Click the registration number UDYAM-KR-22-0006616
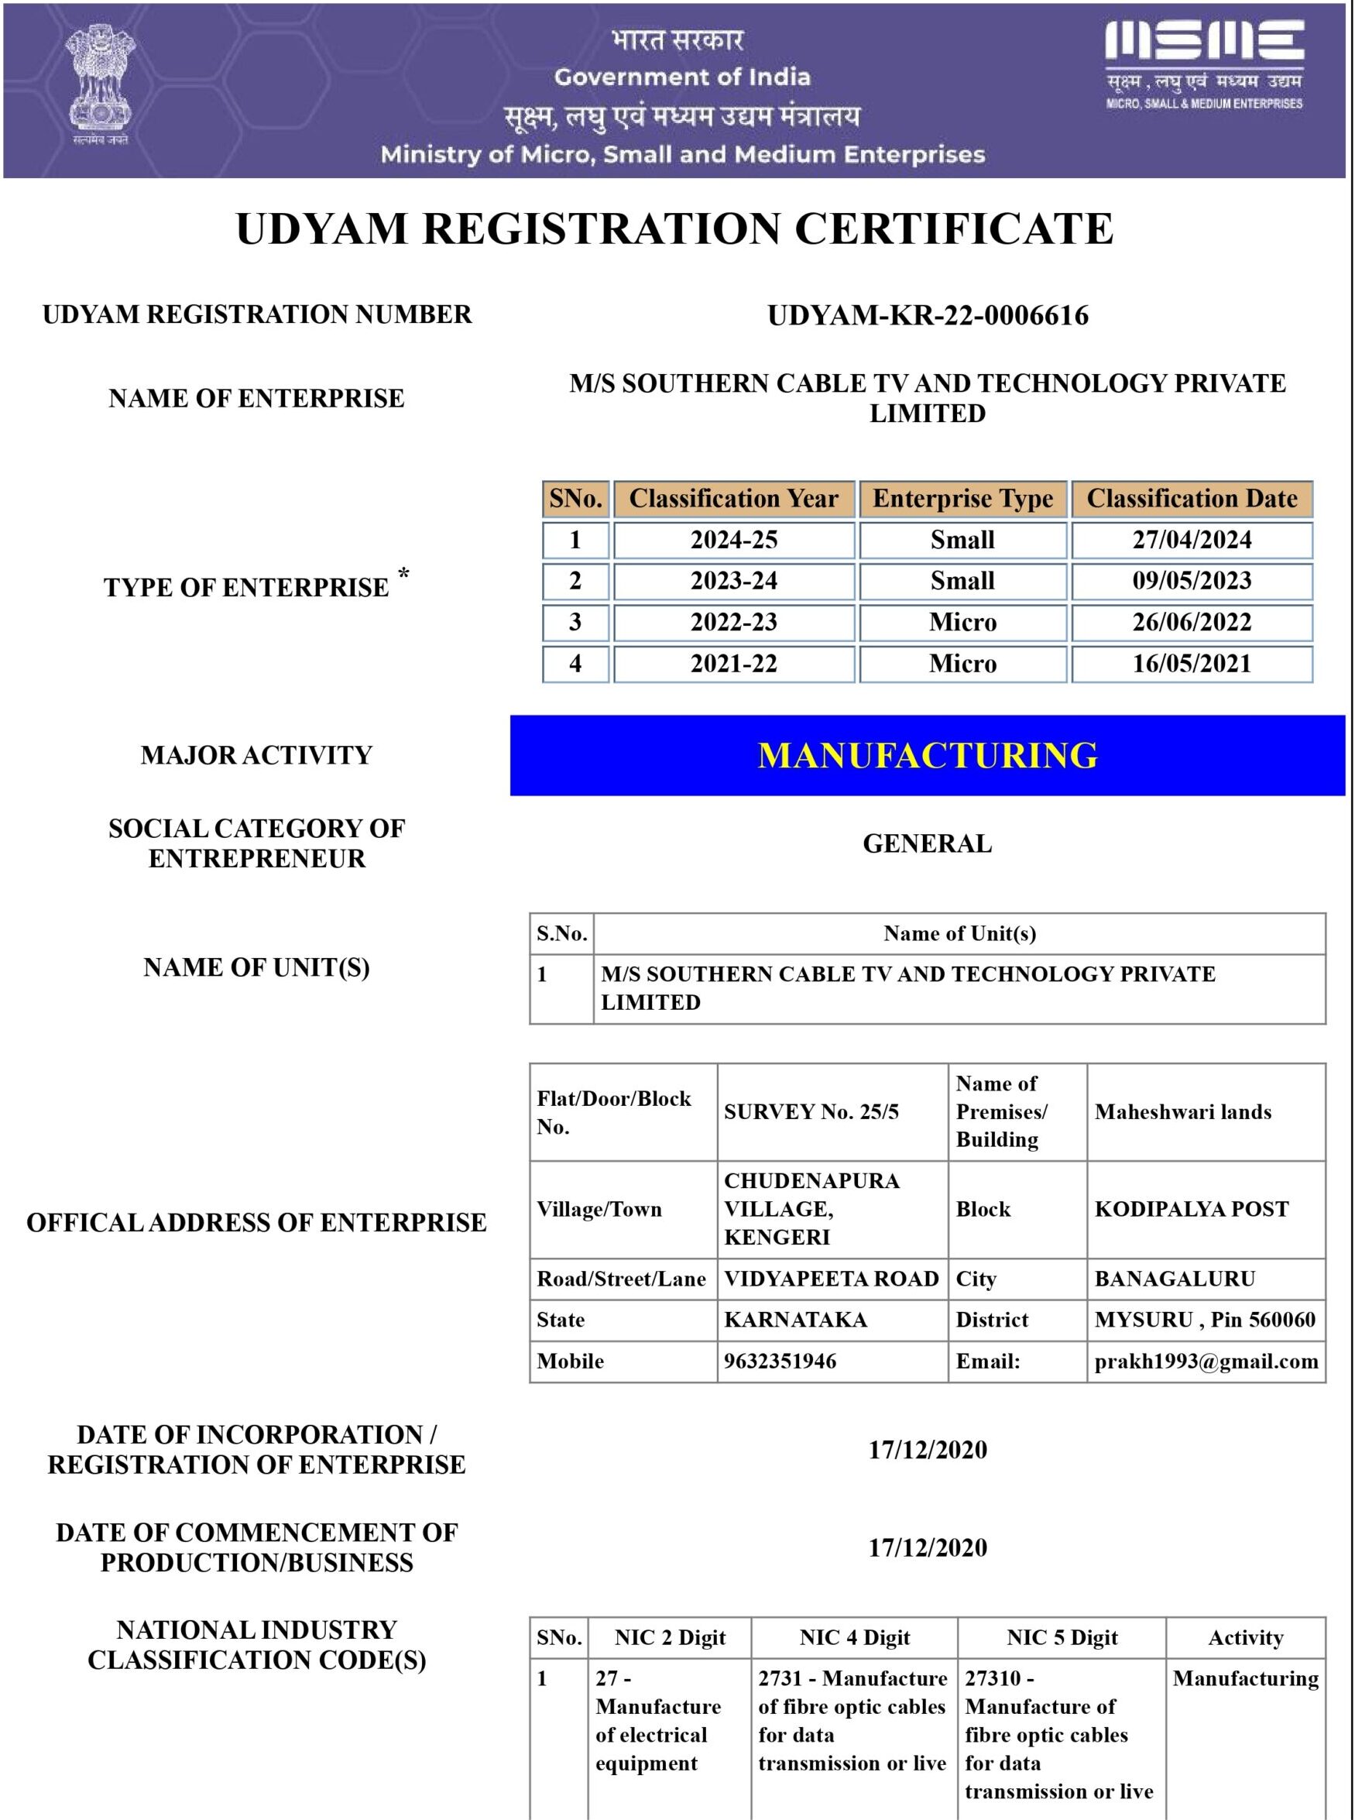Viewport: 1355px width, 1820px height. click(928, 316)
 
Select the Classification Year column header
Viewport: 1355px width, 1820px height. click(733, 499)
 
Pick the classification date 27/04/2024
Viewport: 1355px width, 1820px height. click(1191, 540)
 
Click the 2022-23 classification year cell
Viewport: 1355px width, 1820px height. click(733, 623)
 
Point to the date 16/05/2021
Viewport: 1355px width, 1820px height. click(1191, 664)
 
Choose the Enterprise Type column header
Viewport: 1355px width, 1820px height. click(962, 499)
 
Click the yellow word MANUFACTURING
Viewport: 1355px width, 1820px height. click(928, 755)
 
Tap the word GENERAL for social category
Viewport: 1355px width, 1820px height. click(927, 844)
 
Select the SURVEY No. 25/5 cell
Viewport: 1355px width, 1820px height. click(811, 1112)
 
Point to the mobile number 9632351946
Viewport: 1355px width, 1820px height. click(780, 1362)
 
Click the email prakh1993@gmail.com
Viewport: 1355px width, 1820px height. click(1206, 1362)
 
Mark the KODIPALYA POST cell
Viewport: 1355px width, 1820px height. click(1191, 1209)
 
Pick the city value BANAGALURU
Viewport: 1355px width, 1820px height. click(1175, 1279)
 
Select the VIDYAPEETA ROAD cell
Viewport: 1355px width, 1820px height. click(831, 1279)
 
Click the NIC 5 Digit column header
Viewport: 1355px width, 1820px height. click(1062, 1638)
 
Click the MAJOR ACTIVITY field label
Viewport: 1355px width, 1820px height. click(256, 755)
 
